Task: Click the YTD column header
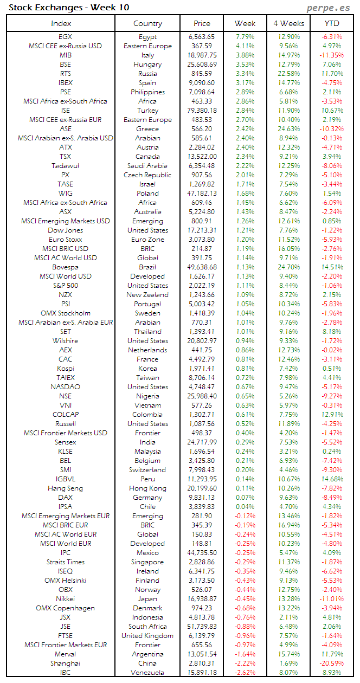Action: [332, 23]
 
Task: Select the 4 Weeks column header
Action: [288, 23]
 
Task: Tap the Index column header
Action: [61, 23]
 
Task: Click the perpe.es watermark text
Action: [329, 8]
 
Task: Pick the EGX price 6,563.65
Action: [201, 37]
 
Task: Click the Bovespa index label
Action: [66, 267]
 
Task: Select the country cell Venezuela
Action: [147, 672]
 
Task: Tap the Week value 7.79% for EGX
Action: [245, 37]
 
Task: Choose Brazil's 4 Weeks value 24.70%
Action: [288, 267]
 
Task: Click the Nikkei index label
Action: [66, 598]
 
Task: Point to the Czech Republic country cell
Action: [147, 175]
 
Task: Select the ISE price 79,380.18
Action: [201, 111]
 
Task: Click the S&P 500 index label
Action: [66, 286]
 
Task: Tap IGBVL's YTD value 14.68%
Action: [331, 479]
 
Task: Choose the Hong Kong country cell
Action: [147, 488]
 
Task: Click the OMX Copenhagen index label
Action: [66, 608]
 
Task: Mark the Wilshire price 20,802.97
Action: [201, 341]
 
